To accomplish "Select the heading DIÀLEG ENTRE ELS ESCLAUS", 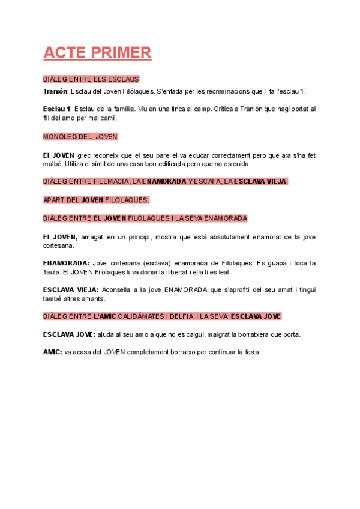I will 91,79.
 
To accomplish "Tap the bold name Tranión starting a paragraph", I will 56,91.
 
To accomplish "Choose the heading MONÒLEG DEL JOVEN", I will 80,137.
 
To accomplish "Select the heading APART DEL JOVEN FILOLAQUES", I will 96,199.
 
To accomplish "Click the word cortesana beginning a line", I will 59,245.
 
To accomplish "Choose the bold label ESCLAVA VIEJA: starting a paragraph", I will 71,289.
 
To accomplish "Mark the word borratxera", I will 254,334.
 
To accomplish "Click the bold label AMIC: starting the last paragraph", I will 52,352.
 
